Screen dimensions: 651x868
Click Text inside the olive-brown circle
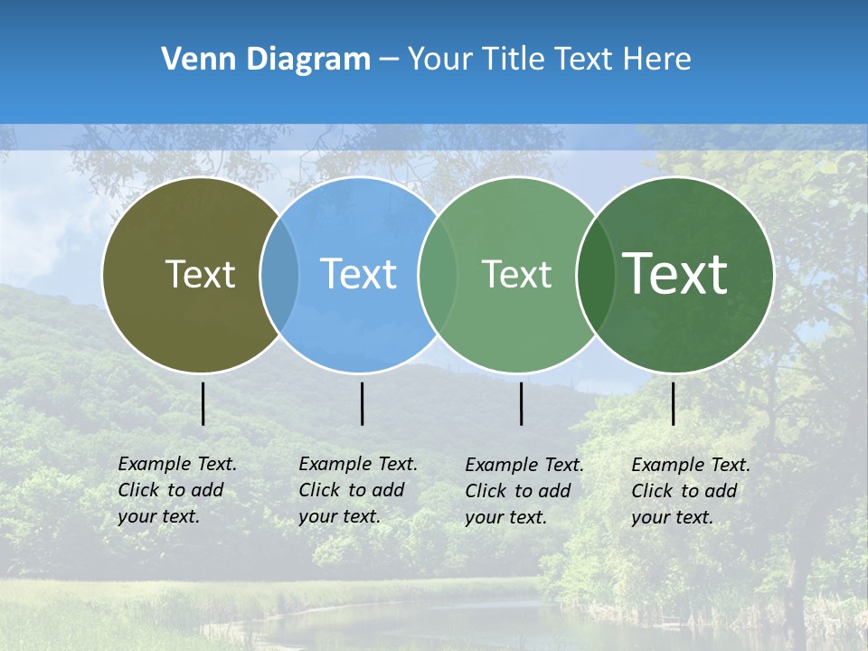pos(200,274)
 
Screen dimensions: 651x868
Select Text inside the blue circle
pos(358,274)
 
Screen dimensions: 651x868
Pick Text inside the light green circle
pos(516,274)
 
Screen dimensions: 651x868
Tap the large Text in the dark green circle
pos(675,274)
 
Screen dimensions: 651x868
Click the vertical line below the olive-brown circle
pos(203,403)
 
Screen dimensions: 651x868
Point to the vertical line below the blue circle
pos(362,403)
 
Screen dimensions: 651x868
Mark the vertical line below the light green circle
pos(522,403)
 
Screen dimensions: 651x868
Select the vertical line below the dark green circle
pos(674,403)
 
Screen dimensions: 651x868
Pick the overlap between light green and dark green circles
pos(593,275)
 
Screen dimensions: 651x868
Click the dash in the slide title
pos(389,60)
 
